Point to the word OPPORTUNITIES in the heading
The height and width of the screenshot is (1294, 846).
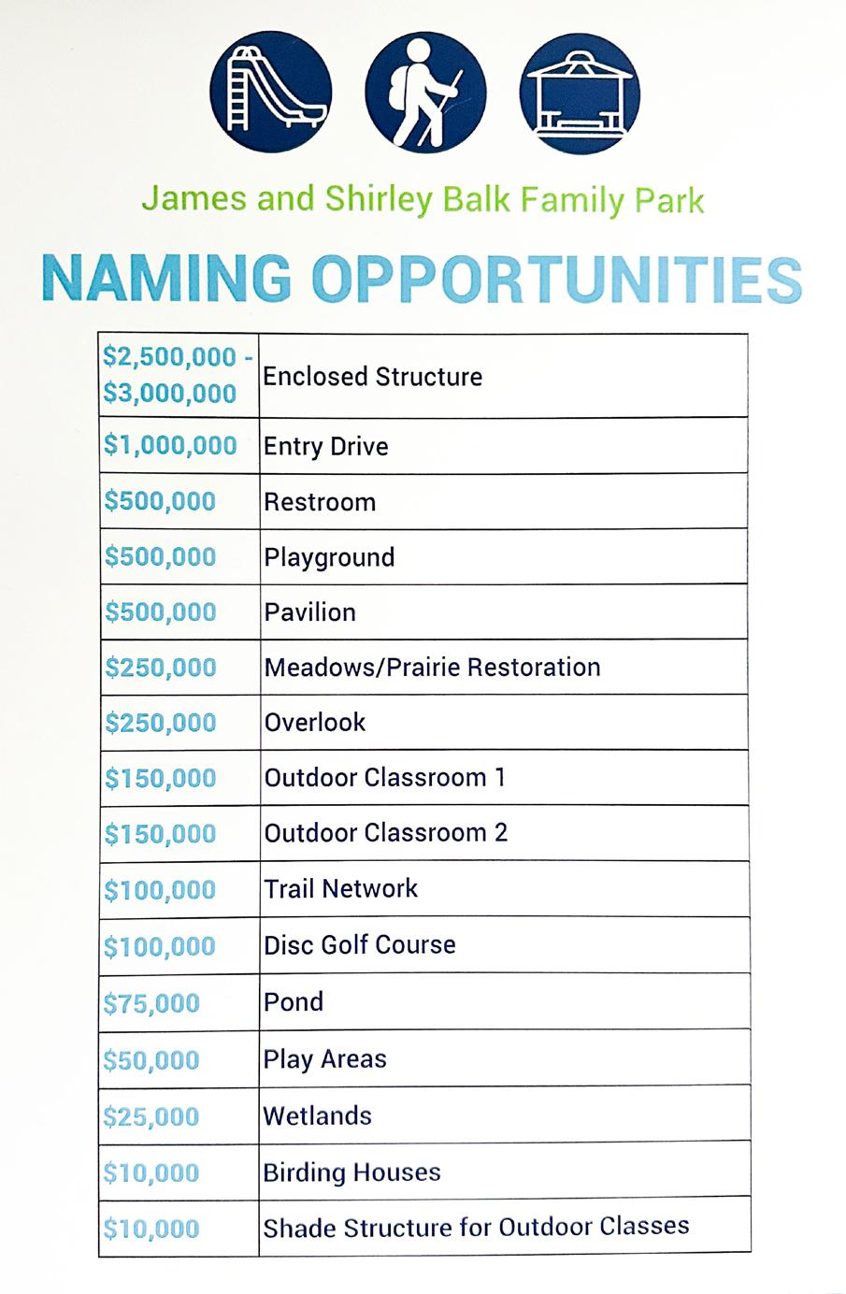point(556,279)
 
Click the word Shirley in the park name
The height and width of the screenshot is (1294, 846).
point(379,199)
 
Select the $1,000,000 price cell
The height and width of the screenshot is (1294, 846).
point(170,445)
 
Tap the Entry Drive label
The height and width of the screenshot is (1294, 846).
point(325,446)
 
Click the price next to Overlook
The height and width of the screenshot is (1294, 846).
point(161,723)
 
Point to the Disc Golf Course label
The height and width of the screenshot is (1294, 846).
point(360,944)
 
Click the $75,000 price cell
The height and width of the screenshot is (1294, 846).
point(151,1003)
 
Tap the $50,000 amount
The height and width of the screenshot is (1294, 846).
point(151,1060)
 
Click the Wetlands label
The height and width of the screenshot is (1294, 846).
point(318,1115)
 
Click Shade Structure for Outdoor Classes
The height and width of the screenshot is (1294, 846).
point(476,1227)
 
